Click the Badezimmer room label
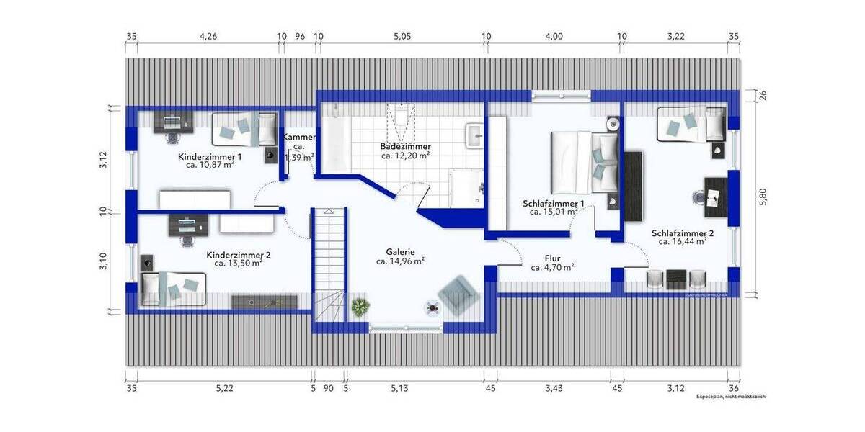[405, 146]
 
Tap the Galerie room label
[400, 251]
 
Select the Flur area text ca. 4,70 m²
[552, 267]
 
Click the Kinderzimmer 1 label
[210, 156]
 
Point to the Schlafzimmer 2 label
[682, 233]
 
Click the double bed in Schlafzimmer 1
[584, 161]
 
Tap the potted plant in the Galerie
[360, 307]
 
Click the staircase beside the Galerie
[328, 266]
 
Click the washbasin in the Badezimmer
[475, 135]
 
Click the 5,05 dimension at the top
[402, 36]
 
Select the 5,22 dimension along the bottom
[224, 389]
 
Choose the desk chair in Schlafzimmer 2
[698, 196]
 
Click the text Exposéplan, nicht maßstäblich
[730, 397]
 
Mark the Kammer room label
[298, 138]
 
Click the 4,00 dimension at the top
[554, 36]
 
